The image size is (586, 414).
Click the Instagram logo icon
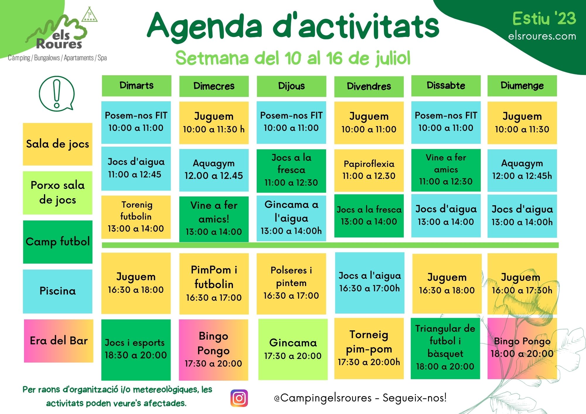tap(239, 398)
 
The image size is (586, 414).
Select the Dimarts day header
tap(137, 85)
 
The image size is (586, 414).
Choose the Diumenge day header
tap(522, 85)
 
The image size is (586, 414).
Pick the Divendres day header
tap(369, 86)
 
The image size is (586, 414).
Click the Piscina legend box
tap(58, 291)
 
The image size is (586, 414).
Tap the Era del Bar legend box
tap(59, 341)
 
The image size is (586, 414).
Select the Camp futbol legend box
tap(58, 242)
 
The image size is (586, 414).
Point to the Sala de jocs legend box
tap(58, 144)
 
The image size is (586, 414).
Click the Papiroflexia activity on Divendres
tap(369, 170)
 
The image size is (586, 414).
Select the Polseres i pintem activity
tap(291, 284)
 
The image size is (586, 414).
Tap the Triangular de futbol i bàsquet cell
tap(445, 348)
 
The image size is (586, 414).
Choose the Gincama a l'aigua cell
tap(291, 218)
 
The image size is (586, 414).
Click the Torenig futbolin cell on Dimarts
tap(136, 217)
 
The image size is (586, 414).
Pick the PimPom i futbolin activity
tap(214, 284)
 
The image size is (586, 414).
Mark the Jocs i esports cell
tap(136, 350)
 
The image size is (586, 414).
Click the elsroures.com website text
tap(542, 36)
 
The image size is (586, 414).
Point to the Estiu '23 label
tap(544, 18)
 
